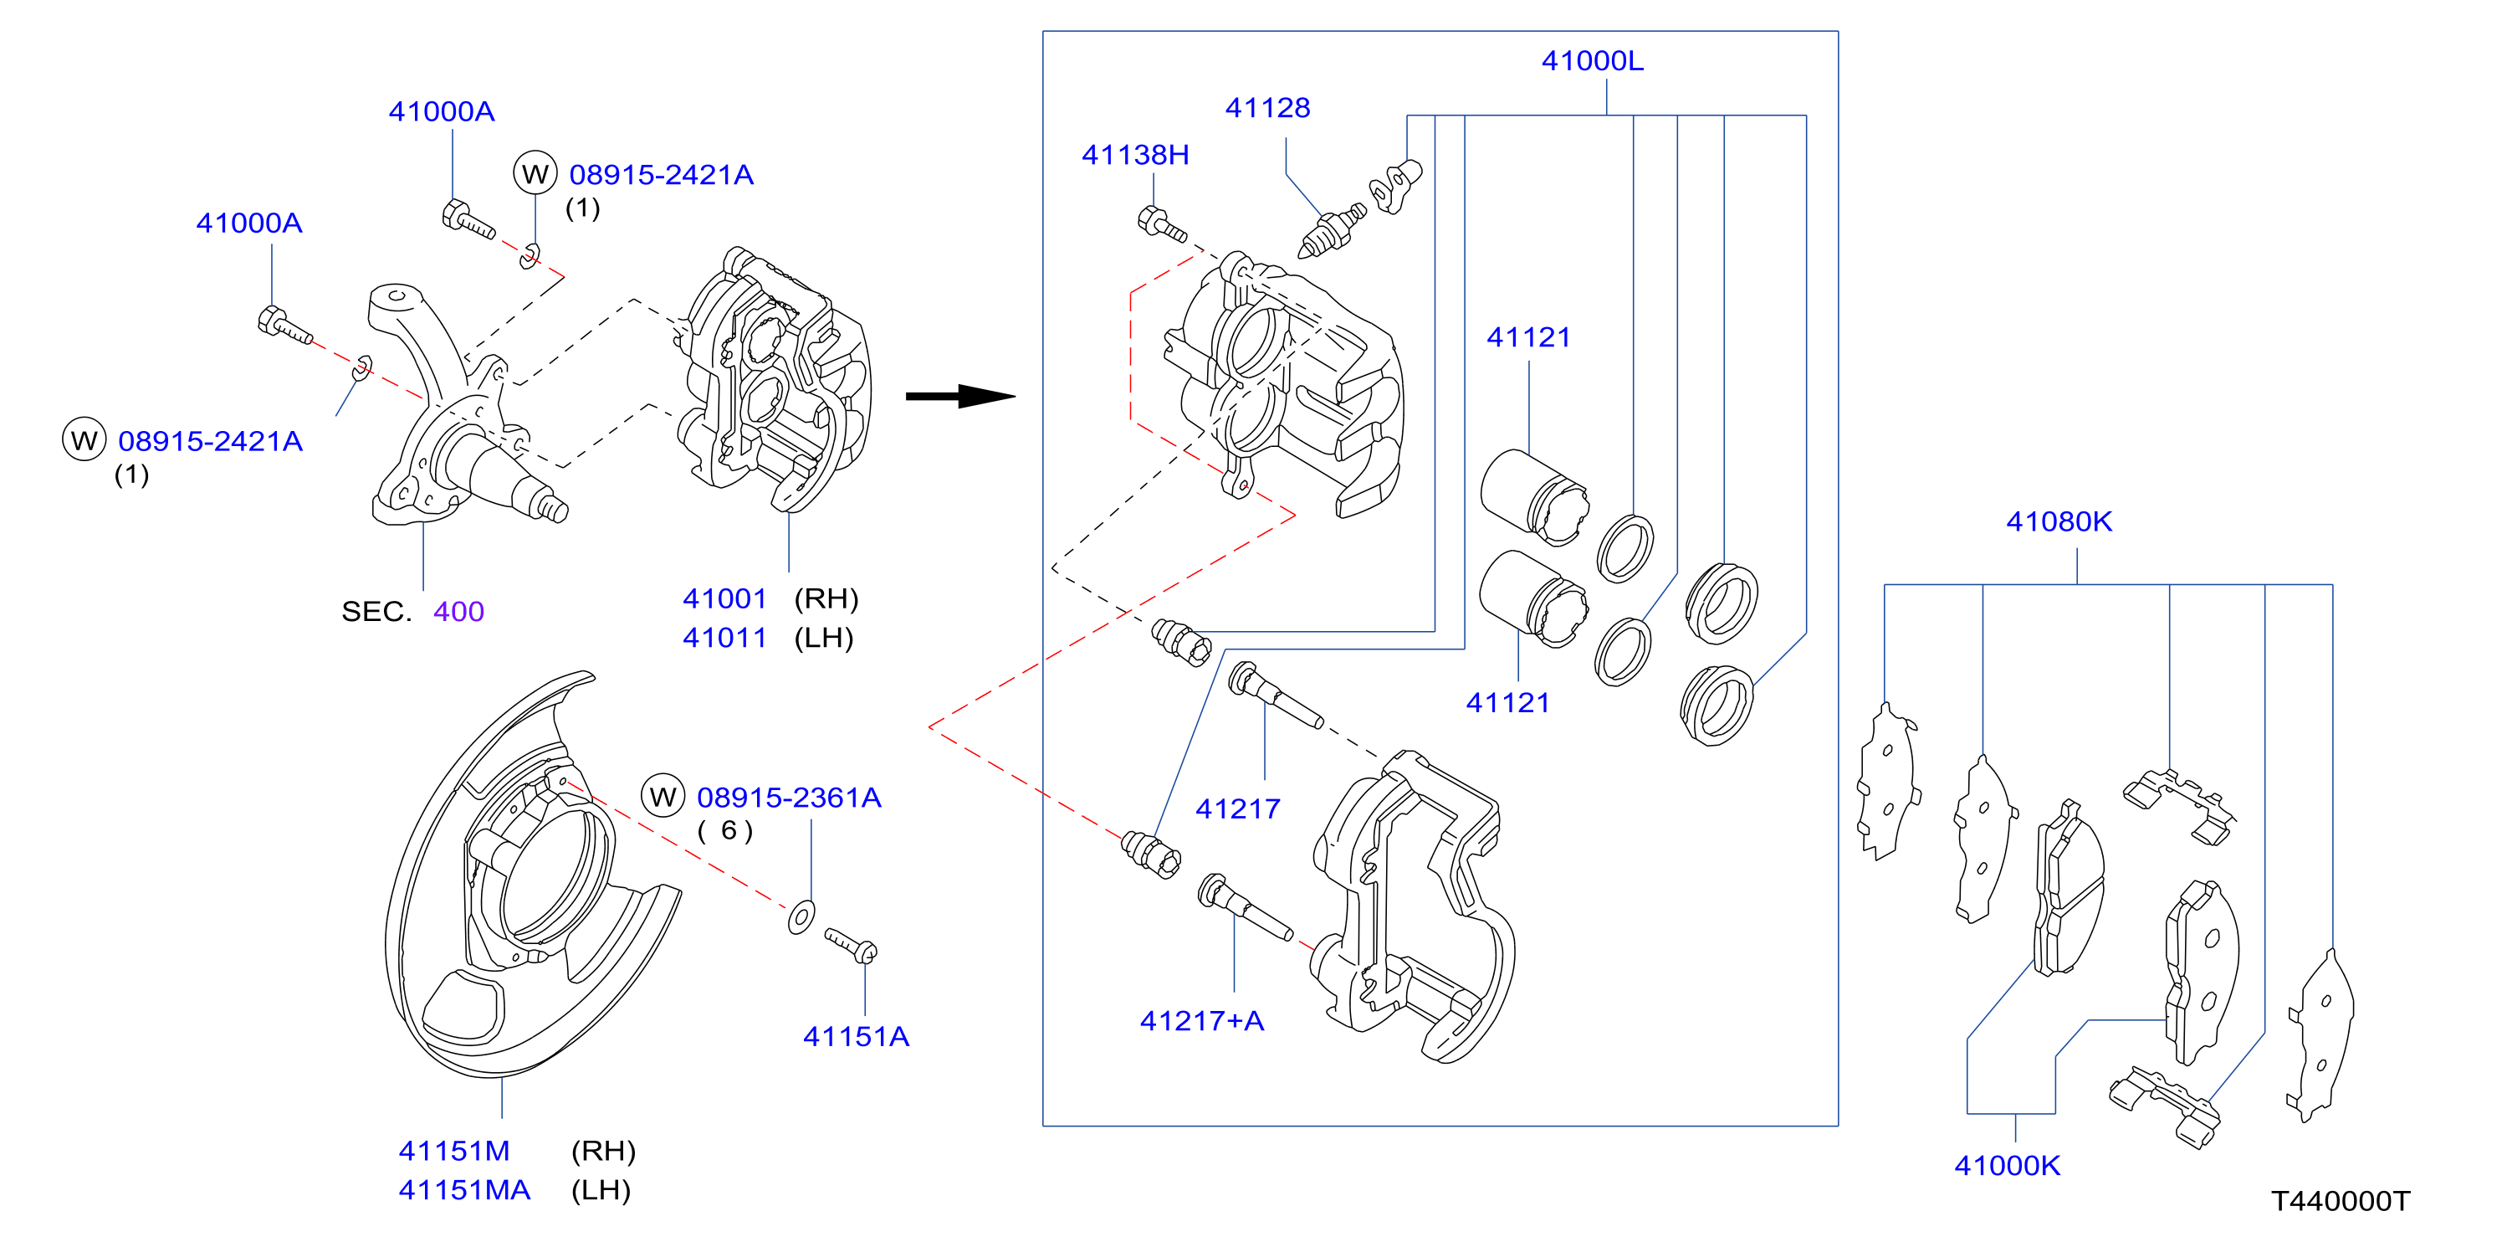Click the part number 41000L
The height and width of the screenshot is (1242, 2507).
click(1592, 61)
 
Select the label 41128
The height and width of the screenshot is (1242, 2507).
click(1267, 108)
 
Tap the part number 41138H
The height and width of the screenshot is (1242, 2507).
click(1135, 155)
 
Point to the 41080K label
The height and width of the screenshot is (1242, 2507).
click(2059, 521)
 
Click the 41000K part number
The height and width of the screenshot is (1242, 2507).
click(2007, 1165)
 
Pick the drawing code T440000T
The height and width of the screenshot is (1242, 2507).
click(2341, 1201)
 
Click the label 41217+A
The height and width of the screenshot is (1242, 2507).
click(1202, 1021)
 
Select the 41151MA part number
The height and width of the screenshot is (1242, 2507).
click(464, 1189)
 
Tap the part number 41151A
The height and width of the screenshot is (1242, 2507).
click(856, 1037)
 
